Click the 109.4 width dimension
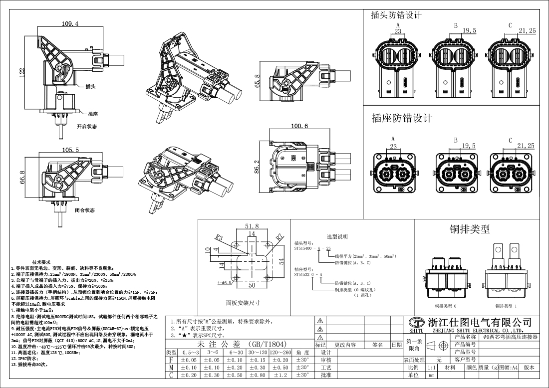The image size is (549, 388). (x=70, y=24)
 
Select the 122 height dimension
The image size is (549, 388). (x=22, y=72)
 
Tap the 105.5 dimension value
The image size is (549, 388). (x=70, y=150)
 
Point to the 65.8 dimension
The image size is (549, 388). (x=258, y=80)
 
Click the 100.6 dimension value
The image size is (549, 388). (x=298, y=126)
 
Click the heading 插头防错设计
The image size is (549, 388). (x=396, y=15)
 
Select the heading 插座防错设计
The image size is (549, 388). (x=402, y=118)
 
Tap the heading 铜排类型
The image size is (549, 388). (x=470, y=229)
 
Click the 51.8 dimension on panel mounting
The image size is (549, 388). (x=252, y=226)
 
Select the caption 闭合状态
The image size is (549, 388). (x=84, y=210)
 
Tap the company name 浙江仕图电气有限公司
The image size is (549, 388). (x=478, y=322)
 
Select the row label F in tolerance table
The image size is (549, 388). (x=172, y=360)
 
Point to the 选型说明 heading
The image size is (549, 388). (x=337, y=236)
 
